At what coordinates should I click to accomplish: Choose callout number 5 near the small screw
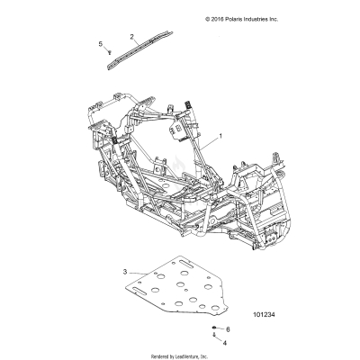[x=100, y=44]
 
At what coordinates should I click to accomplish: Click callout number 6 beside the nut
[x=228, y=329]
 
